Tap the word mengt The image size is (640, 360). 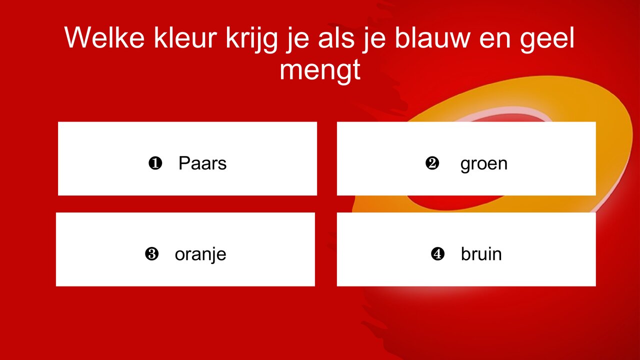click(x=320, y=70)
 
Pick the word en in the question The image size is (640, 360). click(x=494, y=39)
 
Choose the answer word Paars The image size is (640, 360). click(x=202, y=163)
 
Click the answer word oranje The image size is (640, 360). click(x=200, y=254)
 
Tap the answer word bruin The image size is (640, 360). click(x=481, y=254)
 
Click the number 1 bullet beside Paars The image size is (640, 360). click(x=155, y=163)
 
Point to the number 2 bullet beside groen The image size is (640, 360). click(x=432, y=163)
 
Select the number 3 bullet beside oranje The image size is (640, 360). click(x=151, y=254)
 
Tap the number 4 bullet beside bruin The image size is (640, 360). click(x=437, y=254)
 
